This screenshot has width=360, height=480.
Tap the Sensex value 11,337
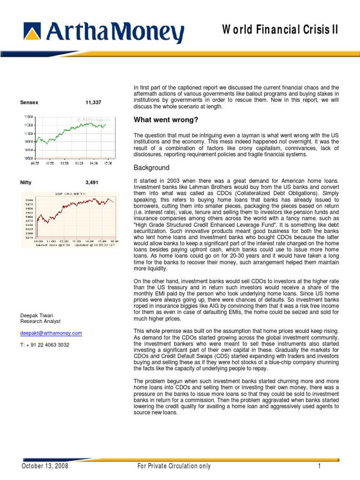click(93, 102)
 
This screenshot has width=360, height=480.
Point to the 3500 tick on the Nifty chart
click(29, 199)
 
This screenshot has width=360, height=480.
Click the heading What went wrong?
click(158, 120)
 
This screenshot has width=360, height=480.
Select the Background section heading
click(151, 167)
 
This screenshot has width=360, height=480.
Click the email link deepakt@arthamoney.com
click(51, 333)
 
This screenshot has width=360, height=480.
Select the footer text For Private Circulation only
click(173, 466)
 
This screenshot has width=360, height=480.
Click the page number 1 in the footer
click(319, 466)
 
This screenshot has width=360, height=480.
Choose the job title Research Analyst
click(40, 321)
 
